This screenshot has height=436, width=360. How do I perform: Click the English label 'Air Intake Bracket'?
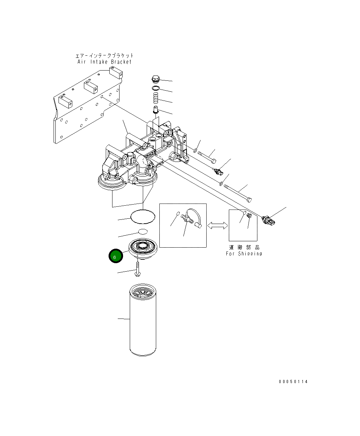pos(104,62)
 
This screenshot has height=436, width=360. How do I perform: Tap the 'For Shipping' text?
pos(244,253)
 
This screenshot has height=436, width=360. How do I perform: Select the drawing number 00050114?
pos(293,382)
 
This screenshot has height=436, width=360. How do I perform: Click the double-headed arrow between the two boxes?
pos(218,225)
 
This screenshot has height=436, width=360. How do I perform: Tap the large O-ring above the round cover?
pos(143,216)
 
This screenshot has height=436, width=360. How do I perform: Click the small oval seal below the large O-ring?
pos(142,231)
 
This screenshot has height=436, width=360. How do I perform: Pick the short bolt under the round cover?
pos(137,270)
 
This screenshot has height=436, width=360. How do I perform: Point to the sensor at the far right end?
pos(269,219)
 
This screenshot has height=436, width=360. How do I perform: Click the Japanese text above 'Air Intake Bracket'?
pos(104,56)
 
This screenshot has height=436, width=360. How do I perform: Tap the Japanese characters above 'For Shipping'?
pos(244,247)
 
